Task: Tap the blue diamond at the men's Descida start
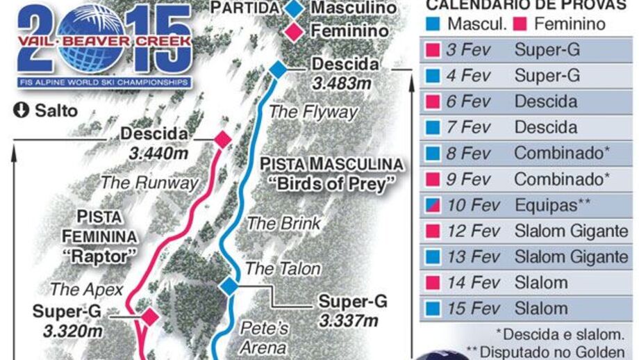tap(278, 69)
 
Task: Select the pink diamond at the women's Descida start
tap(222, 139)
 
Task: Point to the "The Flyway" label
tap(313, 111)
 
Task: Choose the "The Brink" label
tap(284, 224)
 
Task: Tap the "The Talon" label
tap(283, 268)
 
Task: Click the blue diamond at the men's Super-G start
tap(229, 286)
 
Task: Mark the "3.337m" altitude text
tap(349, 320)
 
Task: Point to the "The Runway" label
tap(150, 183)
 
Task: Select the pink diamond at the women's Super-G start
tap(150, 318)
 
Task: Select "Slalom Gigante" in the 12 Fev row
tap(571, 231)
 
